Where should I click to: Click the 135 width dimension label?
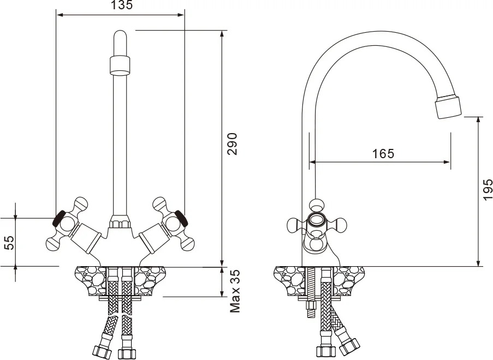pyautogui.click(x=122, y=5)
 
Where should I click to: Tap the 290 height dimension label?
pyautogui.click(x=233, y=144)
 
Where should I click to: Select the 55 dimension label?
pyautogui.click(x=10, y=242)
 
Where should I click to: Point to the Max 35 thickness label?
pyautogui.click(x=235, y=291)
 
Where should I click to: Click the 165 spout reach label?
pyautogui.click(x=383, y=154)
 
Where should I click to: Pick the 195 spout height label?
pyautogui.click(x=488, y=189)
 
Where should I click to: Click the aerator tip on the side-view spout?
pyautogui.click(x=448, y=107)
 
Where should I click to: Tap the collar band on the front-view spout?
pyautogui.click(x=120, y=65)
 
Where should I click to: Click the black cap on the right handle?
pyautogui.click(x=182, y=218)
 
